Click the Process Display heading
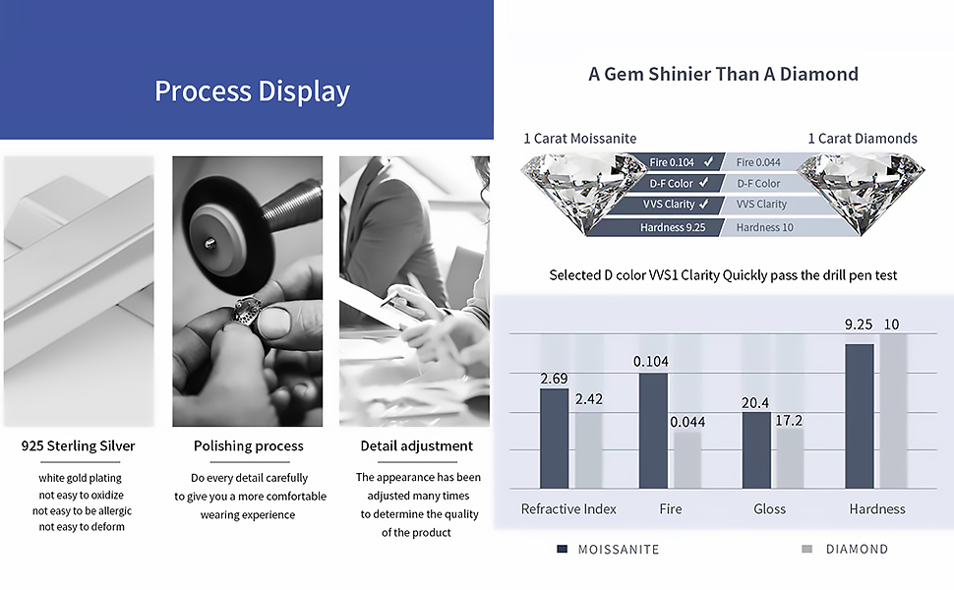[x=252, y=91]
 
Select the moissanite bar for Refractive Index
[x=555, y=438]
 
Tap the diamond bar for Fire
[x=686, y=460]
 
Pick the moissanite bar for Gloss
[x=756, y=450]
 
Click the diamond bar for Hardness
[x=893, y=411]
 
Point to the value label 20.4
[x=755, y=402]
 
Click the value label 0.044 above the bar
[x=687, y=422]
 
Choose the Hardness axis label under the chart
[x=877, y=509]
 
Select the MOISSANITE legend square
[x=563, y=550]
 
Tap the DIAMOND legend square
[x=807, y=550]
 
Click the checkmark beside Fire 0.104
[x=709, y=162]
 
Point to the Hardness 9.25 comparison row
[x=673, y=227]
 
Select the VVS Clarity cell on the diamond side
[x=762, y=205]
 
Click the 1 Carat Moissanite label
[x=580, y=139]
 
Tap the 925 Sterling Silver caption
[x=79, y=445]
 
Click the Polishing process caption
[x=248, y=445]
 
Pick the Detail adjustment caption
[x=417, y=445]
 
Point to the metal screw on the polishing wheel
[x=209, y=243]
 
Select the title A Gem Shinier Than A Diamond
[x=724, y=74]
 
